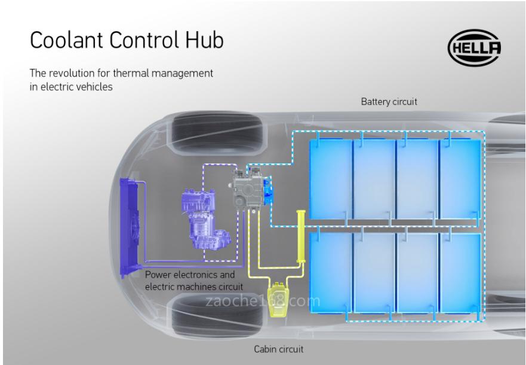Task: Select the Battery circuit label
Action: coord(389,102)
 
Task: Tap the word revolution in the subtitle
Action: coord(75,74)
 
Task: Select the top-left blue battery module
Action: coord(330,180)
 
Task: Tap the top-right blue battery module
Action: coord(460,180)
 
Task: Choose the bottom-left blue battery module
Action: coord(330,272)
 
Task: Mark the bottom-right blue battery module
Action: coord(460,272)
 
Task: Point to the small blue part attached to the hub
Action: coord(267,186)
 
